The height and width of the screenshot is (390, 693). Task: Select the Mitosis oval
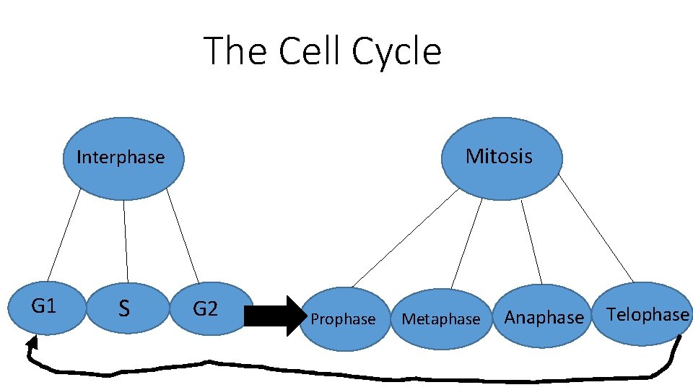tap(500, 157)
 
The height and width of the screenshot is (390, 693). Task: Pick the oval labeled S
tap(125, 309)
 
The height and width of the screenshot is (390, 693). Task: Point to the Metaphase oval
tap(441, 318)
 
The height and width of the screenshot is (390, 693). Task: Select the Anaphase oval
tap(543, 317)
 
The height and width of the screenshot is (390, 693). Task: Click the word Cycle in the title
tap(396, 51)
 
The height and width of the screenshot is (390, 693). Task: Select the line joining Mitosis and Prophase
tap(406, 238)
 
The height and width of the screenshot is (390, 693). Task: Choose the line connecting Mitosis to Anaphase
tap(532, 242)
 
